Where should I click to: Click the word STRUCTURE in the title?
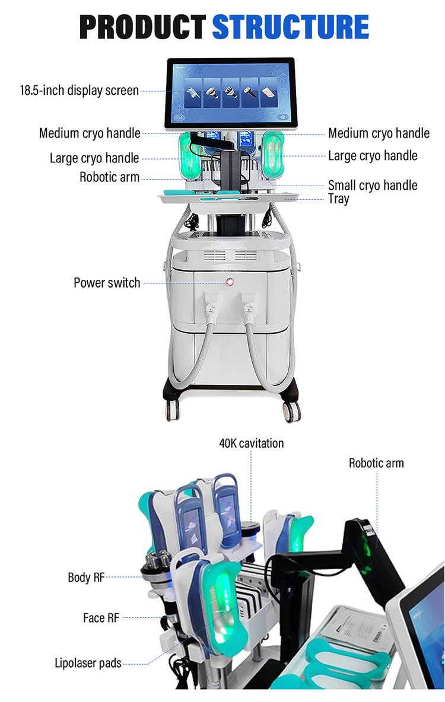pyautogui.click(x=290, y=27)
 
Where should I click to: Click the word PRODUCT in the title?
pyautogui.click(x=142, y=27)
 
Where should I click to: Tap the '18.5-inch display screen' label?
pyautogui.click(x=80, y=91)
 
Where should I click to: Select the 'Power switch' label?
pyautogui.click(x=107, y=283)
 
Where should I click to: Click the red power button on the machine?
pyautogui.click(x=230, y=282)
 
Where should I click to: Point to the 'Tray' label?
pyautogui.click(x=338, y=199)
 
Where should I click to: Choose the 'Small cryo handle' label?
pyautogui.click(x=373, y=185)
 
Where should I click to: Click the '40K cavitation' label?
pyautogui.click(x=252, y=443)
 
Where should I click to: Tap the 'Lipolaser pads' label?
pyautogui.click(x=88, y=663)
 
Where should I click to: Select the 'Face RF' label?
pyautogui.click(x=101, y=618)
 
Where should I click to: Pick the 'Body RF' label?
pyautogui.click(x=86, y=577)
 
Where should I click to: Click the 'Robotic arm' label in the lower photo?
pyautogui.click(x=376, y=463)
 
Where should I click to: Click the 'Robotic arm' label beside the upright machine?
pyautogui.click(x=109, y=177)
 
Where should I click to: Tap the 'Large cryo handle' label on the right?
pyautogui.click(x=373, y=156)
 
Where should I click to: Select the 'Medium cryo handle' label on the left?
pyautogui.click(x=90, y=133)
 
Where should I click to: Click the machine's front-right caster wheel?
pyautogui.click(x=292, y=410)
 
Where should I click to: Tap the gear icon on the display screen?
pyautogui.click(x=283, y=117)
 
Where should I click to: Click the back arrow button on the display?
pyautogui.click(x=180, y=118)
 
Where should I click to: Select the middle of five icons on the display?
pyautogui.click(x=230, y=92)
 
